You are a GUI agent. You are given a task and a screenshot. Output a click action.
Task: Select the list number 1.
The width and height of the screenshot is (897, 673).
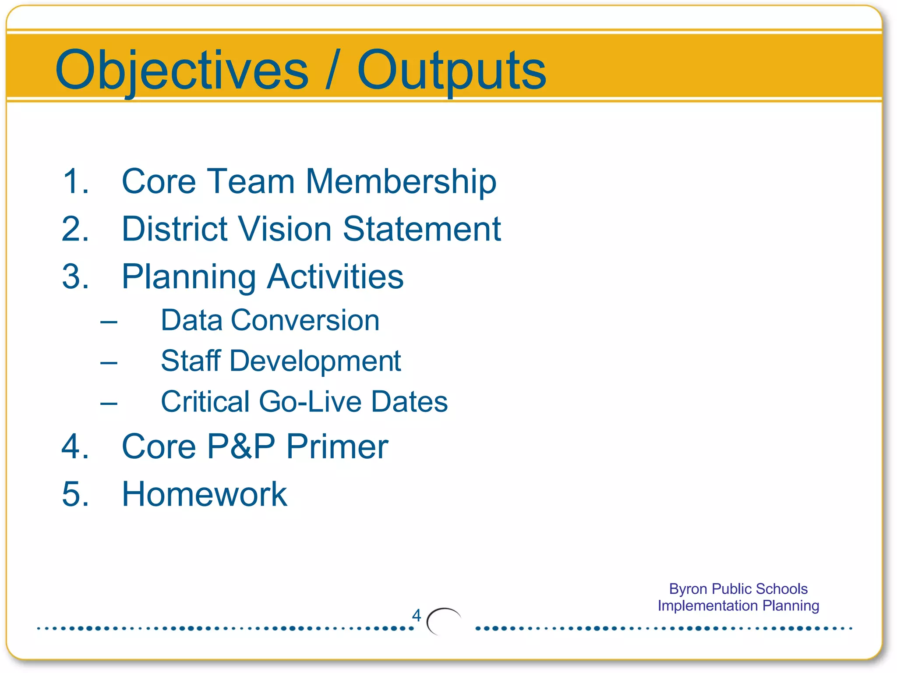tap(75, 181)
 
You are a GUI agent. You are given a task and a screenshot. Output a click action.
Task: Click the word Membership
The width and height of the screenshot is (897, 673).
tap(401, 181)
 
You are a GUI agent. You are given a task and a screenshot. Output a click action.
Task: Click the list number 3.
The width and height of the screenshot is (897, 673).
tap(75, 277)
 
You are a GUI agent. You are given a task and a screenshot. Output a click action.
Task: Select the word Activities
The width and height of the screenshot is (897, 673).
tap(335, 277)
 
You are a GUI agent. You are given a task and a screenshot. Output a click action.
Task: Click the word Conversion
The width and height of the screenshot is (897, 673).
tap(305, 320)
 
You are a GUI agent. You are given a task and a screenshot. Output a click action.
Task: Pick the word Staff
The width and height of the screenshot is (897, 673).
tap(191, 361)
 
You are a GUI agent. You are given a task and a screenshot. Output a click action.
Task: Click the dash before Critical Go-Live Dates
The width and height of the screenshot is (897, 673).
tap(109, 404)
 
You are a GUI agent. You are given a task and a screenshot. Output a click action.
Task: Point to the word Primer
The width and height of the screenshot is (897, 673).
tap(337, 446)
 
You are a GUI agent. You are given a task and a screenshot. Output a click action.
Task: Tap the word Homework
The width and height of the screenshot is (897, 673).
tap(204, 494)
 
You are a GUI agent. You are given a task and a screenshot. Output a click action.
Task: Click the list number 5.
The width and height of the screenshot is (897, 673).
tap(75, 494)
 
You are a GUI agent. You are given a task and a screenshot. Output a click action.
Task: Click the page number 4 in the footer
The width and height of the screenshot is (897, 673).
tap(416, 616)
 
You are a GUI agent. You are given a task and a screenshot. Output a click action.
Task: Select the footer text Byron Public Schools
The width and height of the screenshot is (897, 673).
tap(738, 589)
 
